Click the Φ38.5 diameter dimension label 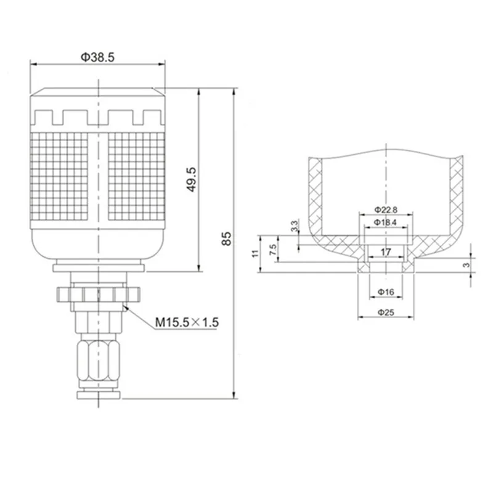pyautogui.click(x=98, y=57)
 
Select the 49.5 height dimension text pyautogui.click(x=191, y=179)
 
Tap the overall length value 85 pyautogui.click(x=226, y=238)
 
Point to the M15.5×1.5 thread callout pyautogui.click(x=187, y=322)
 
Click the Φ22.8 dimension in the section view pyautogui.click(x=386, y=210)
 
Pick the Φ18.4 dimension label pyautogui.click(x=386, y=222)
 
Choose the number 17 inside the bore pyautogui.click(x=386, y=252)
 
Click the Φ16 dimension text pyautogui.click(x=386, y=292)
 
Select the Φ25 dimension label pyautogui.click(x=386, y=312)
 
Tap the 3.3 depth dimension pyautogui.click(x=295, y=226)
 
